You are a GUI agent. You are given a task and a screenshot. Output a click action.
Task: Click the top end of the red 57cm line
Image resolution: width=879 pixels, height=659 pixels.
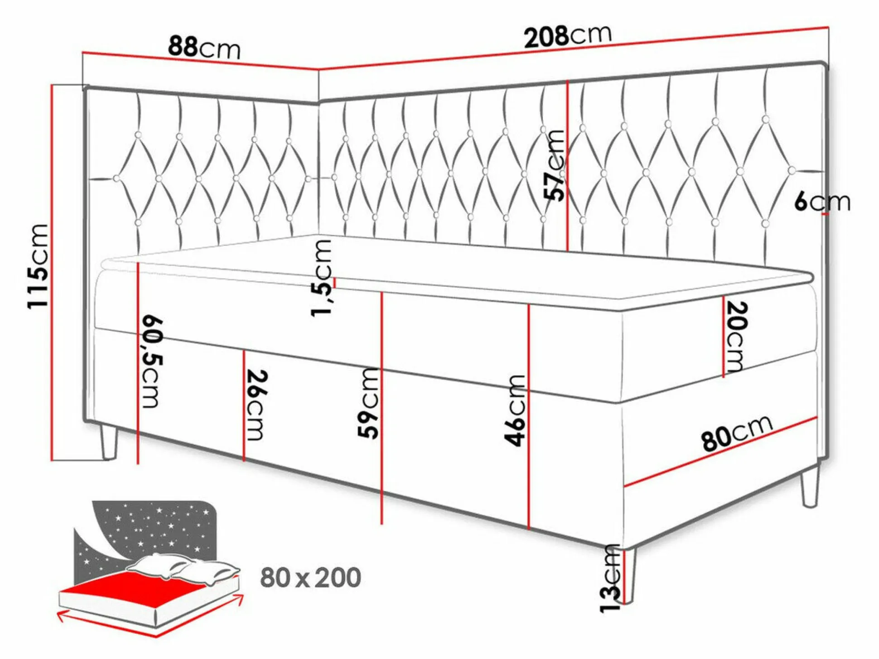point(568,81)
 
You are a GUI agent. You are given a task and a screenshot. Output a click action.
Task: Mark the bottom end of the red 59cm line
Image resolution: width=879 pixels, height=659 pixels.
point(382,524)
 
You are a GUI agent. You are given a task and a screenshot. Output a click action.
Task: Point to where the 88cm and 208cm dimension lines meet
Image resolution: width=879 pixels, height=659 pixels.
point(319,70)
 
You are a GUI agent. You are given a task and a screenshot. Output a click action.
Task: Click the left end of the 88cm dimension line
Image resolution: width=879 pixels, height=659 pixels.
point(83,53)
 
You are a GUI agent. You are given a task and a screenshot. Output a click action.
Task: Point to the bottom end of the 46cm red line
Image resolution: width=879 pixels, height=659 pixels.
point(529,529)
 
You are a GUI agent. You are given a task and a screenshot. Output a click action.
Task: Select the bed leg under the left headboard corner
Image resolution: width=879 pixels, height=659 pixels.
point(108,442)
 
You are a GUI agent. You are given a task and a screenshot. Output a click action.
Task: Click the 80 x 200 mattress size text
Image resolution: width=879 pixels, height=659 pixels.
point(311,577)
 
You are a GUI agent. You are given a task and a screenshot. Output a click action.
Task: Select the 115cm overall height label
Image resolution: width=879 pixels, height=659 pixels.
point(38,266)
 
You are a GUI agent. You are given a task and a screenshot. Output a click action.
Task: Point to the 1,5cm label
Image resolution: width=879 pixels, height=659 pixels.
point(321,278)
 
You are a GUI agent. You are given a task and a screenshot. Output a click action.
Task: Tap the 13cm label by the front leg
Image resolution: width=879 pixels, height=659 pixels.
point(609,578)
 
